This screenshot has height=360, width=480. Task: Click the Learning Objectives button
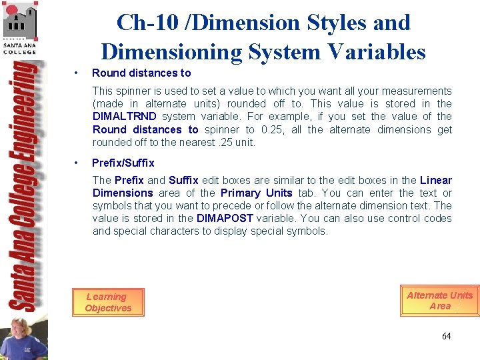point(108,302)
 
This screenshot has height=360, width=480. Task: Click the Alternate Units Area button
point(439,301)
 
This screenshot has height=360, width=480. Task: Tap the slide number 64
point(446,336)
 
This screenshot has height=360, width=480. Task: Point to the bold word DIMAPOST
point(225,219)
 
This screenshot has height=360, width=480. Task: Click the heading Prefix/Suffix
point(123,163)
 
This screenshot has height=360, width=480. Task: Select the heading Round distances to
point(141,73)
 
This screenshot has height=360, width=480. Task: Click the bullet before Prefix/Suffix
point(78,163)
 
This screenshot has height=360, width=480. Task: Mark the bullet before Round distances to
point(78,73)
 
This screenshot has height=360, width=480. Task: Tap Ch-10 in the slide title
point(142,23)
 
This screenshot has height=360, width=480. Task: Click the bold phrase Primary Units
point(256,193)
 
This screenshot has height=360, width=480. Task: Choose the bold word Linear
point(436,181)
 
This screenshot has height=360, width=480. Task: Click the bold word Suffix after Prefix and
point(183,181)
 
